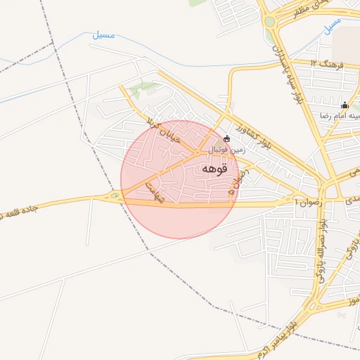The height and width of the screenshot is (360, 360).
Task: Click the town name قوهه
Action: [x=214, y=169]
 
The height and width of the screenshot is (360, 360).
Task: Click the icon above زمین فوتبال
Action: [x=226, y=139]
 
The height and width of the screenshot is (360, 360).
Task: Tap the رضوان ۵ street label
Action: [x=233, y=181]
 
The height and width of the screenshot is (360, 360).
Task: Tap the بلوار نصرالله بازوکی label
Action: [x=321, y=245]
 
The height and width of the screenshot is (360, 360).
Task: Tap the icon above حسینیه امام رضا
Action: [x=345, y=105]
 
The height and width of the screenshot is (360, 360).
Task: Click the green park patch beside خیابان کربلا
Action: [x=145, y=89]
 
